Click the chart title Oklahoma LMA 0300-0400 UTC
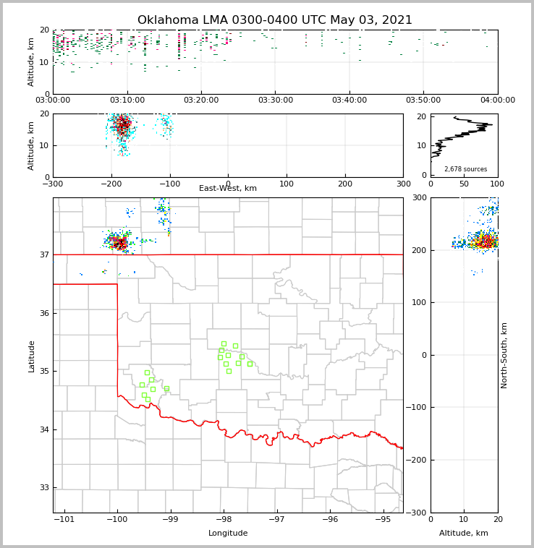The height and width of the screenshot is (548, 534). pos(275,20)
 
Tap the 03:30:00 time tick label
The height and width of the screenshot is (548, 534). pos(275,100)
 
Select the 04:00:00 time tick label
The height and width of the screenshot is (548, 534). pos(498,100)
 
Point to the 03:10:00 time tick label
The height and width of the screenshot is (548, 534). pos(127,100)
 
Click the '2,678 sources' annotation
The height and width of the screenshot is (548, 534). pos(465,169)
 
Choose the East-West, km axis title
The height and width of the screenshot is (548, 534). pos(228,189)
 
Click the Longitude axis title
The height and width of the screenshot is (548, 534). pos(228,534)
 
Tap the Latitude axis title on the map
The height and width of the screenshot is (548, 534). pos(32,356)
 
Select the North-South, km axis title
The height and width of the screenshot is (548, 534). pos(504,355)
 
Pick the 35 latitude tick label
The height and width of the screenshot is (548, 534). pos(44,372)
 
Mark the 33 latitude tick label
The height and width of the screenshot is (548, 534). pos(44,488)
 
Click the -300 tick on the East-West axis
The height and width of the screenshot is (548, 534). pos(53,184)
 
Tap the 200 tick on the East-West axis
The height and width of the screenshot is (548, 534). pos(345,184)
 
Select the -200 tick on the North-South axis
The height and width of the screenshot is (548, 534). pos(417,461)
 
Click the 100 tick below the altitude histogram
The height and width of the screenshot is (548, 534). pos(498,184)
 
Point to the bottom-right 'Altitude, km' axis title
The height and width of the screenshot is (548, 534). pos(464,534)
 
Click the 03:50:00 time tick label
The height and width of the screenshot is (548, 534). pos(423,100)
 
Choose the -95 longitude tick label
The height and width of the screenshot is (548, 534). pos(383,520)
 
